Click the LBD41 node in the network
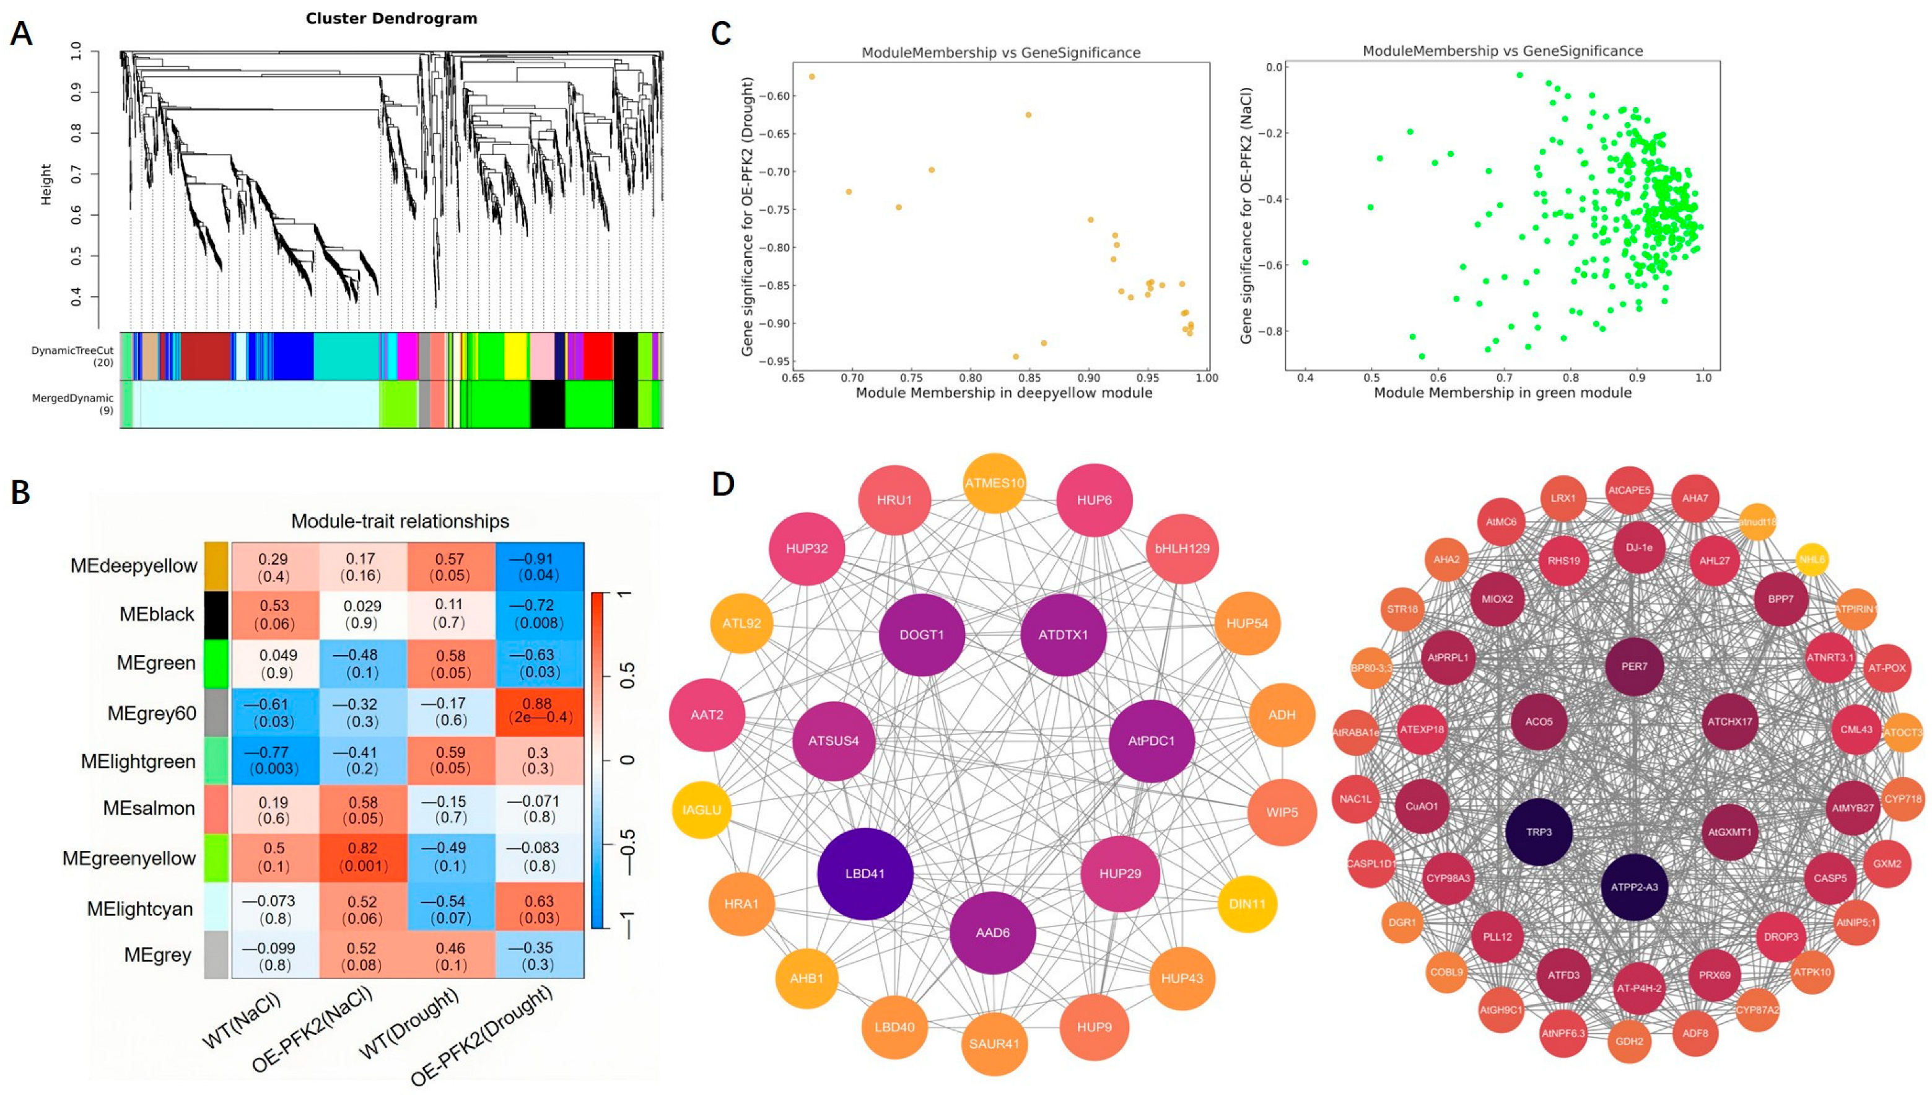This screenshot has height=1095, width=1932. (x=865, y=874)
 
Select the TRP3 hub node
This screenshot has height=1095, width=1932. (x=1539, y=832)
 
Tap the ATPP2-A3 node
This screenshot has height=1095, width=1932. (x=1634, y=887)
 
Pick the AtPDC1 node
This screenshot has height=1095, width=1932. (x=1151, y=741)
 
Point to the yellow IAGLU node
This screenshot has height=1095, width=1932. (x=701, y=810)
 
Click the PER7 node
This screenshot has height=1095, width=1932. (x=1634, y=666)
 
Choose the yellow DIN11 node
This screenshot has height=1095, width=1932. (x=1247, y=904)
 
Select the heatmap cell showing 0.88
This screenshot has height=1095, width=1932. (x=540, y=712)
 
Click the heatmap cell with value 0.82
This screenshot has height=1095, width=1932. (x=363, y=856)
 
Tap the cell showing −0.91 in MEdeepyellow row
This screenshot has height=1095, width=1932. (x=540, y=567)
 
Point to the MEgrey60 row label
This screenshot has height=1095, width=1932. (x=151, y=712)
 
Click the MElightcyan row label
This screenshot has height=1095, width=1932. (x=141, y=908)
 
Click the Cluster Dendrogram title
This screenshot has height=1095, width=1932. (x=391, y=19)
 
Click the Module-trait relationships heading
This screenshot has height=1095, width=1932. (x=400, y=521)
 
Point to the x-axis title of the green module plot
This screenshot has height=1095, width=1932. (x=1502, y=392)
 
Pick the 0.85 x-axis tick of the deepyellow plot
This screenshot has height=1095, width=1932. (x=1030, y=377)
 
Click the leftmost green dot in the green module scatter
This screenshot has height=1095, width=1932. (x=1306, y=263)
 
